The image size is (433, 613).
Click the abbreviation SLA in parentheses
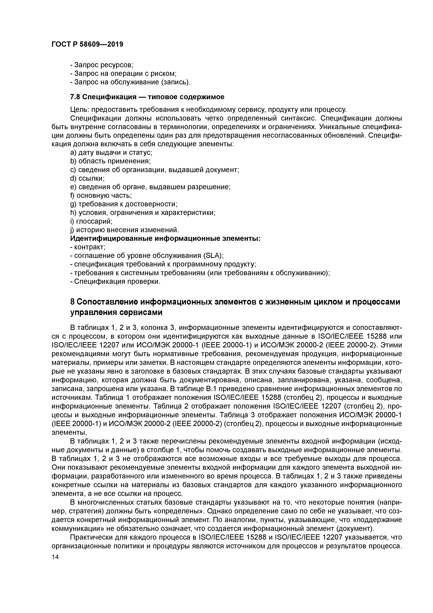pos(212,256)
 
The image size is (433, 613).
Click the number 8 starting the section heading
pos(72,302)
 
